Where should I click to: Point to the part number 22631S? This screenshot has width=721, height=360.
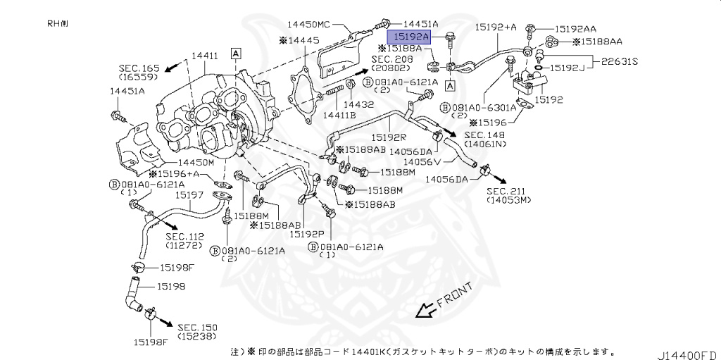(619, 61)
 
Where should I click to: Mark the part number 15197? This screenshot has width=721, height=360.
(189, 194)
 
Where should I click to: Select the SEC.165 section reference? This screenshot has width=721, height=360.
(140, 68)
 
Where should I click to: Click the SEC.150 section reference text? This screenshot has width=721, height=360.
(197, 328)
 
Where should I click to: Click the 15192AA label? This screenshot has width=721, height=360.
(575, 29)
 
